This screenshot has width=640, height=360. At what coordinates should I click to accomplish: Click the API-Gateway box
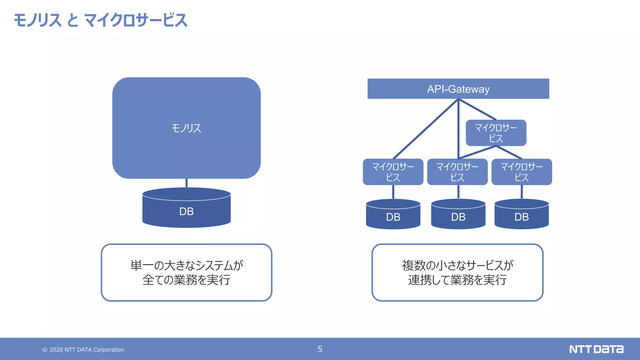(458, 89)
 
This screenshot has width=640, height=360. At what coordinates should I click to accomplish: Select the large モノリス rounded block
(186, 128)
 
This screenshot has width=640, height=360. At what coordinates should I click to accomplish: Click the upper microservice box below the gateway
(496, 133)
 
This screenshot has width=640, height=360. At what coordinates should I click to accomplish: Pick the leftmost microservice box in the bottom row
(393, 172)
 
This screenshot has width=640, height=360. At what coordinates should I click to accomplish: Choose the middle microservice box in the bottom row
(457, 172)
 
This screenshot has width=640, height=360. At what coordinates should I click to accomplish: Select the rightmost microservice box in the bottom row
(522, 172)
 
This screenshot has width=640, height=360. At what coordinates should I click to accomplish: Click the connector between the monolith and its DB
(187, 183)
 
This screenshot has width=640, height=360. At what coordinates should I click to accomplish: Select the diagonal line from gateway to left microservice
(426, 129)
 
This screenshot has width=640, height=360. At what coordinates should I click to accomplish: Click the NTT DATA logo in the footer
(596, 349)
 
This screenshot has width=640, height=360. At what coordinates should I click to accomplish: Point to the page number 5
(320, 349)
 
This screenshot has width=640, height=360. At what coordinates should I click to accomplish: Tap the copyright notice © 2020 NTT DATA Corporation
(83, 350)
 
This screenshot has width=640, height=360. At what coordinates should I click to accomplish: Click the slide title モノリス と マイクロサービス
(100, 20)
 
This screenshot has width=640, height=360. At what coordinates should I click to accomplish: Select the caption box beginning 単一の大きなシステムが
(186, 272)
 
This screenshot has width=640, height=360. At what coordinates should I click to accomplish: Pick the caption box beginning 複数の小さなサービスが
(457, 272)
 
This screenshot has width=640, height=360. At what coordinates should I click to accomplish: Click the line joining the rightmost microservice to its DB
(522, 192)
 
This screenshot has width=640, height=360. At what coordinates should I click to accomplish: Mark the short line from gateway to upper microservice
(477, 109)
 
